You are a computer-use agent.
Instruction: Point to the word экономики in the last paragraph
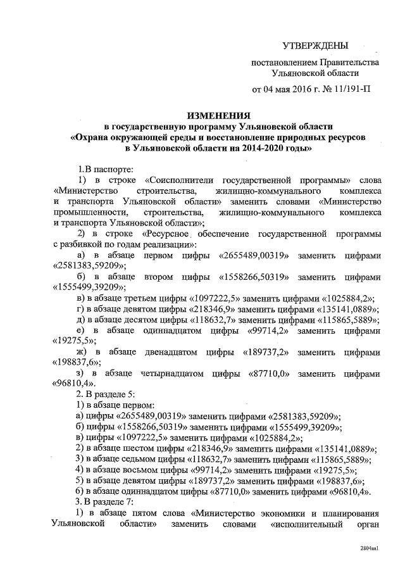click(284, 513)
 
